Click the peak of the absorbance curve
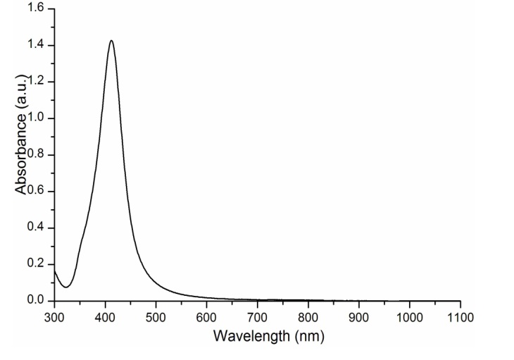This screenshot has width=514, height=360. coord(111,41)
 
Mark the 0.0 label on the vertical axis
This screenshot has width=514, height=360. coord(36,301)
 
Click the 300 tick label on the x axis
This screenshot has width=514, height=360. coord(54,315)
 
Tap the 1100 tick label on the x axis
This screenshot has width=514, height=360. coord(460,315)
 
